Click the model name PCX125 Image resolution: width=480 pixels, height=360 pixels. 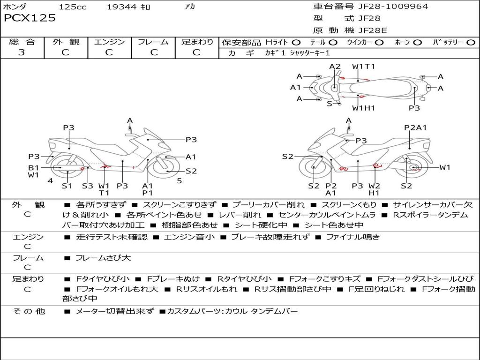click(30, 18)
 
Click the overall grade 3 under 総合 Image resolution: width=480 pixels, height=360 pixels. click(22, 52)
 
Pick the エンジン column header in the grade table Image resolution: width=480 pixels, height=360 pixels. click(109, 42)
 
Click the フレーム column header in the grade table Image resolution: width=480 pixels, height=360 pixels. click(153, 42)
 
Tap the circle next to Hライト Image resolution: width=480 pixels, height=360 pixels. click(296, 42)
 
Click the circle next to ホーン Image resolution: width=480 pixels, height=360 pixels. click(417, 42)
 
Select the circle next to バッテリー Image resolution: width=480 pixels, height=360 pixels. click(471, 42)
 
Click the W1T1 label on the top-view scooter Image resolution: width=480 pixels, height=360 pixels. click(364, 67)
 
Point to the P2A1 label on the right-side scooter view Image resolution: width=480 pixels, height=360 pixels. click(415, 127)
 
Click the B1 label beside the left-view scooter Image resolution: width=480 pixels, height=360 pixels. click(33, 167)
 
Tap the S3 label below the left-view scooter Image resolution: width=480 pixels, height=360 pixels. click(88, 186)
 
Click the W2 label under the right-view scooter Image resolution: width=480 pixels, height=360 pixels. click(374, 186)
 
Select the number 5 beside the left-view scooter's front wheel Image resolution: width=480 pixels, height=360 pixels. click(179, 180)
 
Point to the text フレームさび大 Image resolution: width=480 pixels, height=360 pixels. click(103, 258)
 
